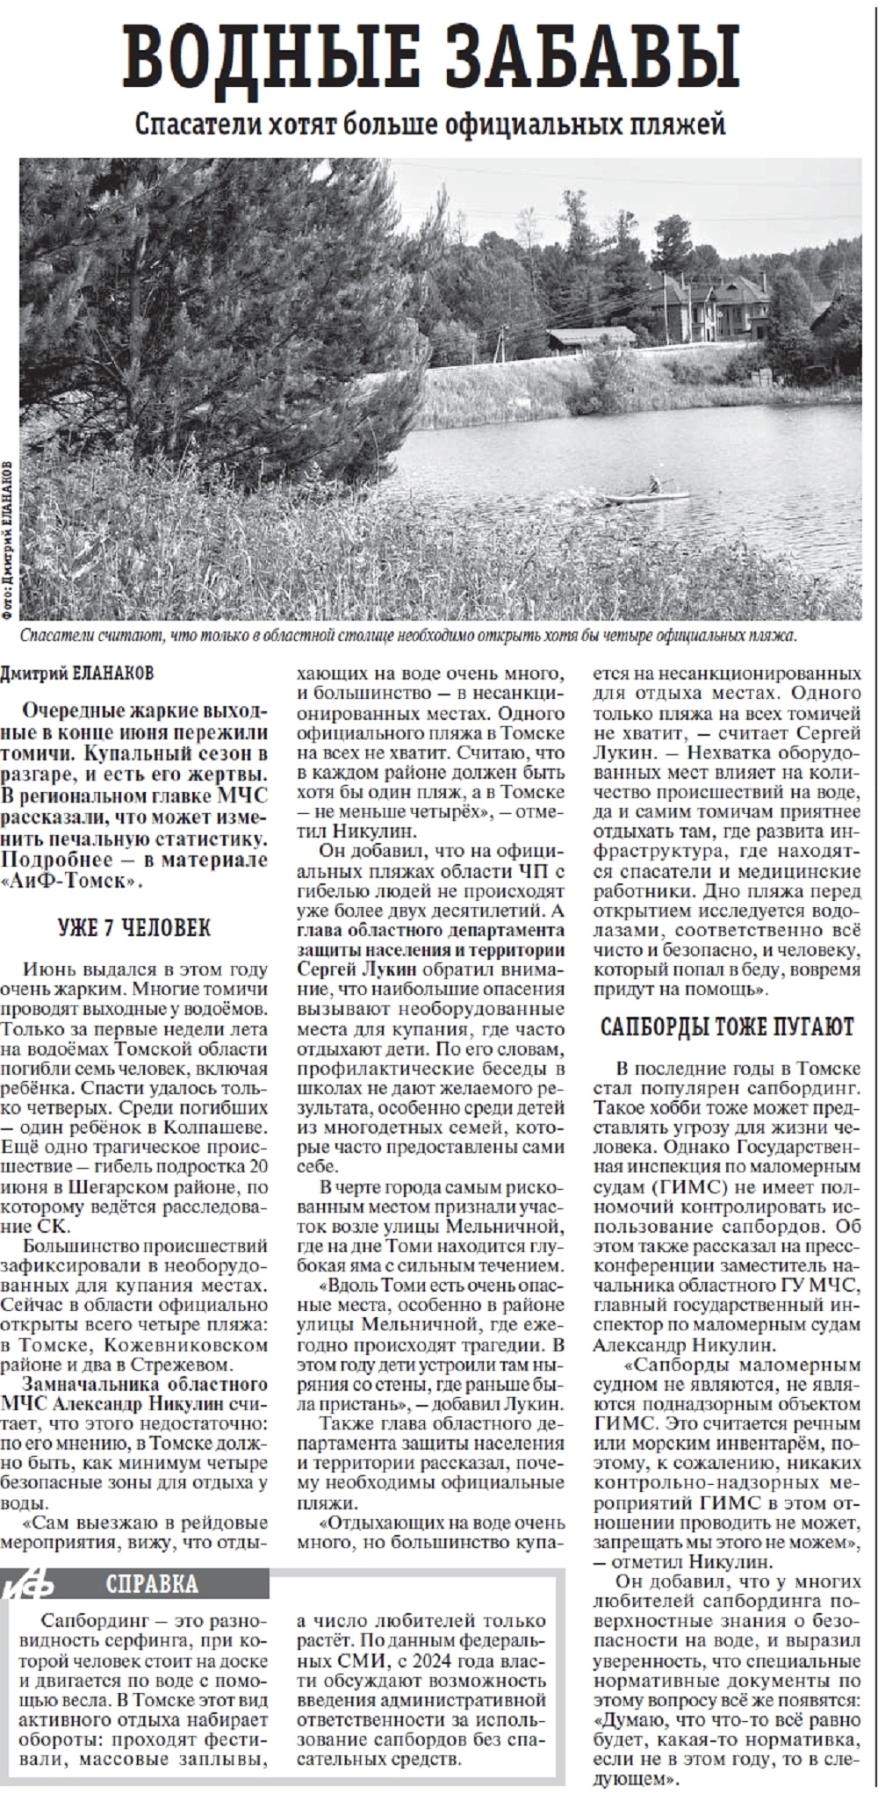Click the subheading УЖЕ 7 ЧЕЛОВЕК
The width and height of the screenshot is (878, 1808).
[x=133, y=928]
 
